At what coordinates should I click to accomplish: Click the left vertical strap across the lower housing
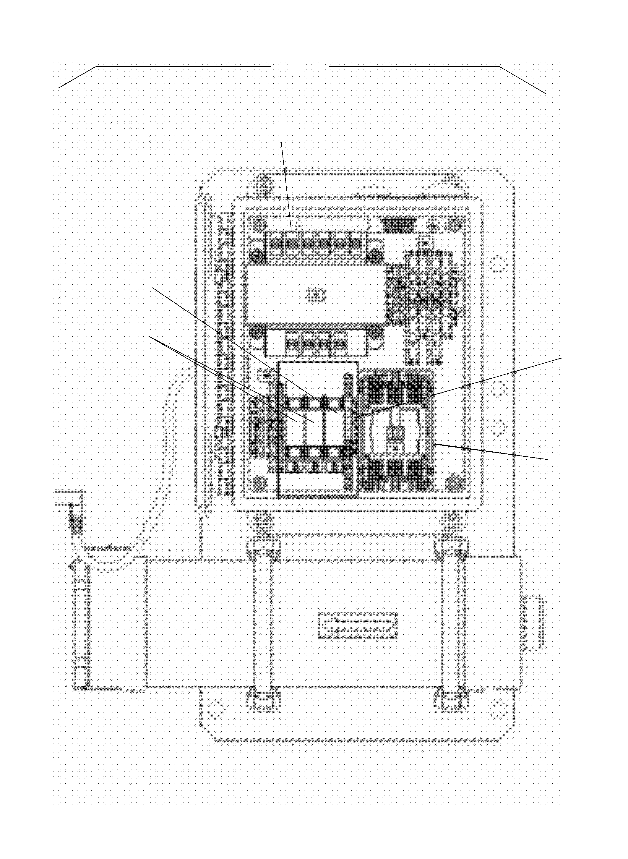tap(263, 624)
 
